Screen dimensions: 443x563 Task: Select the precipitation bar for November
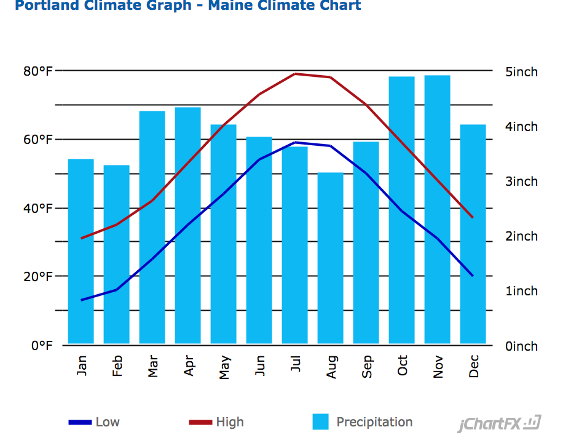point(437,209)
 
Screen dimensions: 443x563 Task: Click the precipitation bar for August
point(330,258)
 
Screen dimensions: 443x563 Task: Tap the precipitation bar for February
point(116,254)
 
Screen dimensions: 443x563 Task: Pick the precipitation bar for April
point(187,225)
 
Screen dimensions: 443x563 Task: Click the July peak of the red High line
point(295,74)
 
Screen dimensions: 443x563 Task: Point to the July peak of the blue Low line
point(295,143)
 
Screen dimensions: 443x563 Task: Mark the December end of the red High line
point(473,217)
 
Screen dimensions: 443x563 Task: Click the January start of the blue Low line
point(81,300)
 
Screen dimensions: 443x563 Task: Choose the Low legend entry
point(95,422)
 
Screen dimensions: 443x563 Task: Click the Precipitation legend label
point(374,422)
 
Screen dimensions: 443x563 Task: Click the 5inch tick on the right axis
point(521,72)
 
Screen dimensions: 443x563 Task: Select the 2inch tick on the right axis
point(521,236)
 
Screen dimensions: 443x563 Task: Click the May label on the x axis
point(224,367)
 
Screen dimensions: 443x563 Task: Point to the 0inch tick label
point(521,346)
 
